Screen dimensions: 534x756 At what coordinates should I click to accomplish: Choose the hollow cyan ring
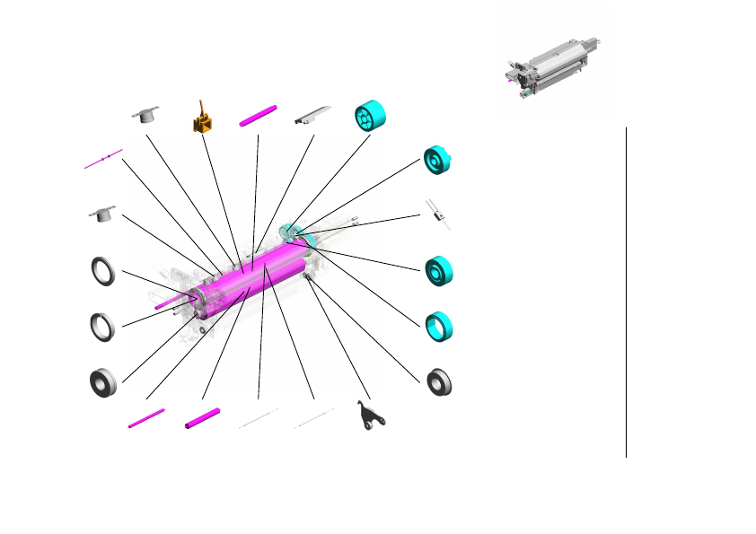coord(438,327)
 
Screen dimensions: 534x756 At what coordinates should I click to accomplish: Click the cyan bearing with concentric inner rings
coord(439,270)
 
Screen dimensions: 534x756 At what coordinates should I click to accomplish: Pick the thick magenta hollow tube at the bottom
coord(202,418)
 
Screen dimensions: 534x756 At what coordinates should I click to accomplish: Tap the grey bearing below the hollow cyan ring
coord(439,381)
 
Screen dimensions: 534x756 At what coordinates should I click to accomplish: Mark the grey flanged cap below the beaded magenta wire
coord(103,214)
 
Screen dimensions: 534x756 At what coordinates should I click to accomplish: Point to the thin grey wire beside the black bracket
coord(314,418)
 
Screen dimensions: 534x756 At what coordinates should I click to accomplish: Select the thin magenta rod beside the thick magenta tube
coord(146,418)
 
